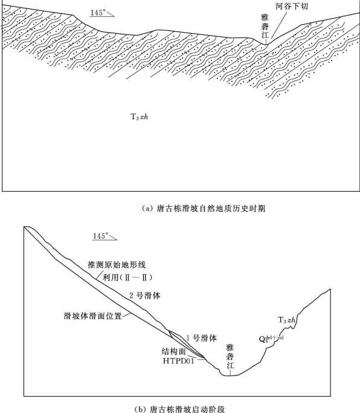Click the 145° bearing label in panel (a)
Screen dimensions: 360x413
[98, 12]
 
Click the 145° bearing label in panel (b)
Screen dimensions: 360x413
[100, 236]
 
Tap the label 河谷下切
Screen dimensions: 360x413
[292, 6]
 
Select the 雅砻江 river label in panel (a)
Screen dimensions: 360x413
[265, 27]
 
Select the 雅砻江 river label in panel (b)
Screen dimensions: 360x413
[230, 357]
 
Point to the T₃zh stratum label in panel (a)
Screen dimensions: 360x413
[139, 117]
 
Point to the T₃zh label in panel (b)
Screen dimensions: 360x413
[286, 320]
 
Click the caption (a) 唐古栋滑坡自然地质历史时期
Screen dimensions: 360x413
[204, 209]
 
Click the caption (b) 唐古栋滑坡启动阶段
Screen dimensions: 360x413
[180, 409]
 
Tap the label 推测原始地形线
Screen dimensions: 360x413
[117, 264]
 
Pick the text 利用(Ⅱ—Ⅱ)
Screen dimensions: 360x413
[127, 277]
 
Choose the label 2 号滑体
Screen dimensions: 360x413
[145, 295]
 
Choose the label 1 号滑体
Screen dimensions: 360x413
[202, 338]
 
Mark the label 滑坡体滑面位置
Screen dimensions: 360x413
[93, 316]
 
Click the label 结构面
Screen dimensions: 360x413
[174, 351]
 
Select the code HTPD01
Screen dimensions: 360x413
[178, 360]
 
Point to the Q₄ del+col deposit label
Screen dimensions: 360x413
[271, 339]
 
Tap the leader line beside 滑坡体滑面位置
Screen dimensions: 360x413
[127, 315]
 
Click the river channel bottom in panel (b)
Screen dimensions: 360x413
[230, 375]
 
